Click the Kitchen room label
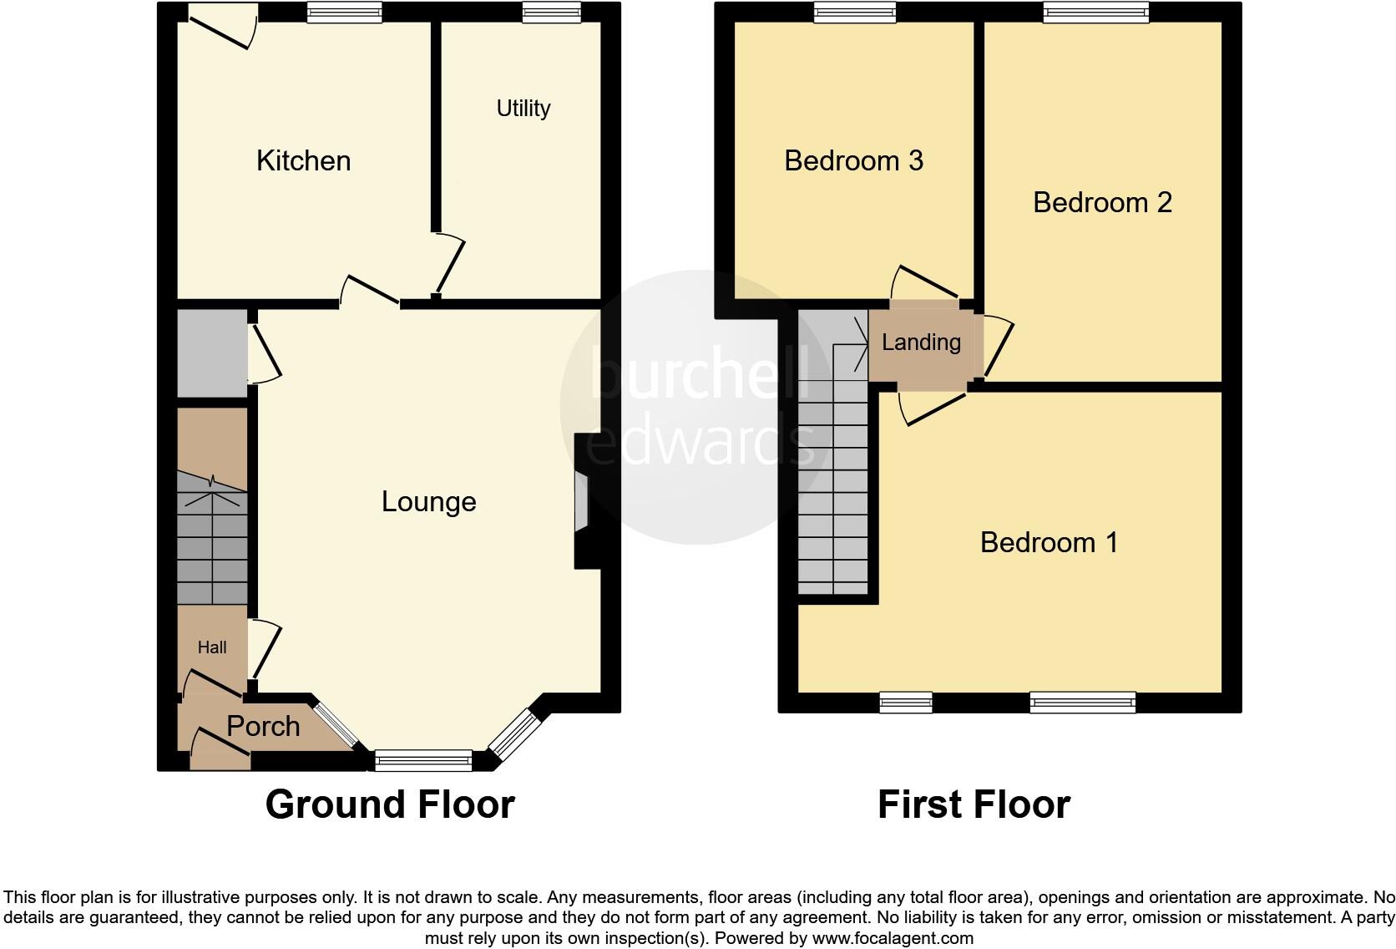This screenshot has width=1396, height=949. click(x=303, y=160)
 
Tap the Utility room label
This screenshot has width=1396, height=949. click(x=523, y=109)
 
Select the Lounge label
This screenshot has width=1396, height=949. click(x=428, y=501)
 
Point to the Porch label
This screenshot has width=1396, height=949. click(x=263, y=726)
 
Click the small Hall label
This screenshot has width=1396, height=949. click(x=212, y=647)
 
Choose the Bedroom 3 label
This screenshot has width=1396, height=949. click(x=853, y=160)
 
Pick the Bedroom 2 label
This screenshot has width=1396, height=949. click(x=1102, y=202)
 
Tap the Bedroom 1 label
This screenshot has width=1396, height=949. click(x=1049, y=542)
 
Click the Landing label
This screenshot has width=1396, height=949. click(x=921, y=343)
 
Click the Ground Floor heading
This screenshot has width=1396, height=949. click(x=390, y=804)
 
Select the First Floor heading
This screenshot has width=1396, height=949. click(x=974, y=804)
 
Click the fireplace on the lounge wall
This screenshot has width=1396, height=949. click(x=581, y=501)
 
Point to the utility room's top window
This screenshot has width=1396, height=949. click(x=551, y=12)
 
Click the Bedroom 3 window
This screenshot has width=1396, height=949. click(x=854, y=12)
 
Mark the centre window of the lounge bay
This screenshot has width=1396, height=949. click(x=423, y=760)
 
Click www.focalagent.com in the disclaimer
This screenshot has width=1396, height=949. click(x=893, y=938)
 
